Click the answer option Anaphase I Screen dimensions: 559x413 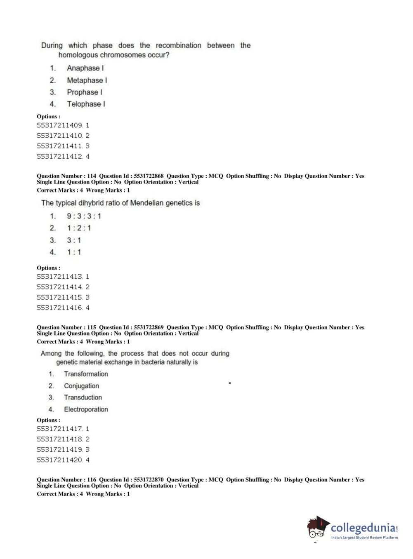pyautogui.click(x=85, y=68)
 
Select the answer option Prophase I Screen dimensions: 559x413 pyautogui.click(x=85, y=92)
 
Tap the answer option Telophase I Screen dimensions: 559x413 pyautogui.click(x=86, y=104)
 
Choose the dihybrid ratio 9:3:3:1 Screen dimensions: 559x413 pyautogui.click(x=84, y=216)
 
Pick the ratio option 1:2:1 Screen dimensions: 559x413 pyautogui.click(x=79, y=228)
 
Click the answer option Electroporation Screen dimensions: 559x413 pyautogui.click(x=86, y=409)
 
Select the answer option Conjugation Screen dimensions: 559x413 pyautogui.click(x=81, y=386)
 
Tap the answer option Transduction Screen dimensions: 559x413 pyautogui.click(x=83, y=397)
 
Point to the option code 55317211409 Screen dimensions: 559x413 pyautogui.click(x=60, y=125)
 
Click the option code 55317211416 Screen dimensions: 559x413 pyautogui.click(x=60, y=308)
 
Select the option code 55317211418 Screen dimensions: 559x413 pyautogui.click(x=60, y=439)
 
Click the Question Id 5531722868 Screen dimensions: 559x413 pyautogui.click(x=149, y=176)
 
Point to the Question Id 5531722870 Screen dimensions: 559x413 pyautogui.click(x=149, y=480)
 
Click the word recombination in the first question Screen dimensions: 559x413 pyautogui.click(x=178, y=45)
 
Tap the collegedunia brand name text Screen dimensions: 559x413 pyautogui.click(x=363, y=528)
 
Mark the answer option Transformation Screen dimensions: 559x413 pyautogui.click(x=86, y=374)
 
